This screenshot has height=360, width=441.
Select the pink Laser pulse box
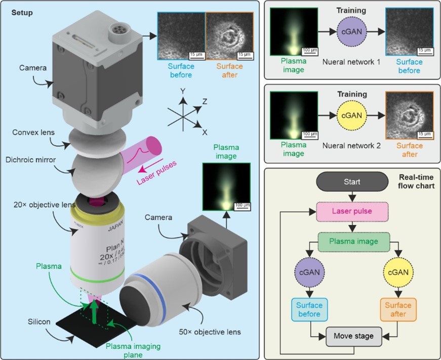point(352,210)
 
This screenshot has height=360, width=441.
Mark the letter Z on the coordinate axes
point(205,102)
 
